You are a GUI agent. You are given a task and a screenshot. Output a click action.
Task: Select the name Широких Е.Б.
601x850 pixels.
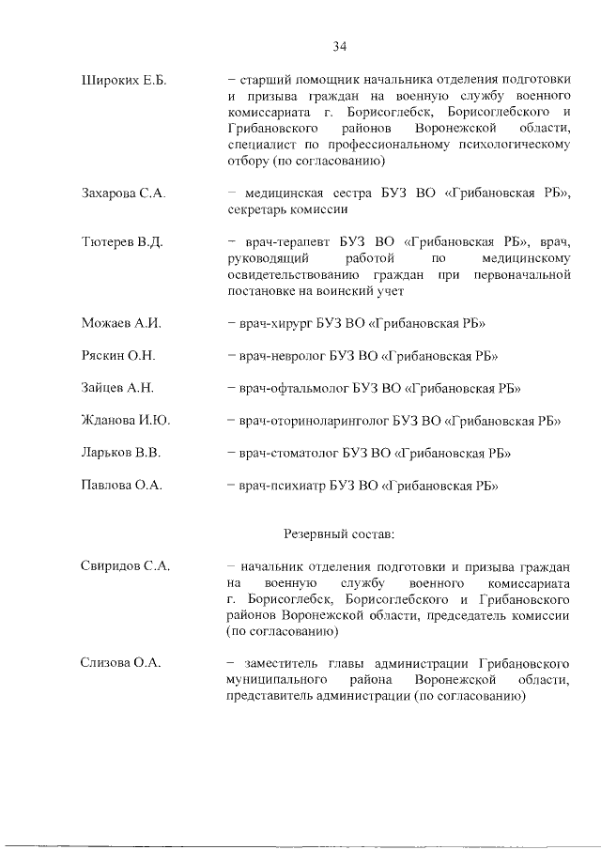[124, 82]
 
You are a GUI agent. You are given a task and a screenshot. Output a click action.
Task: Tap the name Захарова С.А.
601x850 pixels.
[124, 193]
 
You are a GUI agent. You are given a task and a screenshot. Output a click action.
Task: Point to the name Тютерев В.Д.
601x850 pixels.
[122, 241]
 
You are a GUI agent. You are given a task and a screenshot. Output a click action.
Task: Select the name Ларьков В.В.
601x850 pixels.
[122, 453]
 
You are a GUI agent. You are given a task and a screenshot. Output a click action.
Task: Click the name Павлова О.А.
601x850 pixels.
[123, 486]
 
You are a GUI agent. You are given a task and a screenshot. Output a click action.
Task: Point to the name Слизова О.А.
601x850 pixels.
[122, 663]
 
